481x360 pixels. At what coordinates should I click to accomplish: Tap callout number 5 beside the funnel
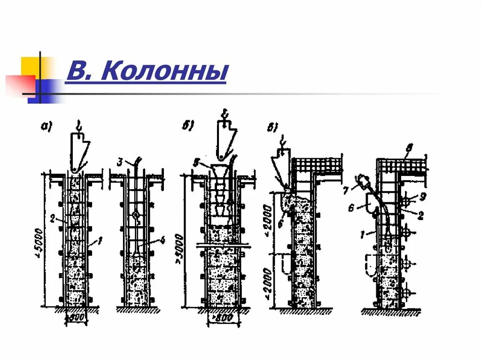pyautogui.click(x=197, y=163)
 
